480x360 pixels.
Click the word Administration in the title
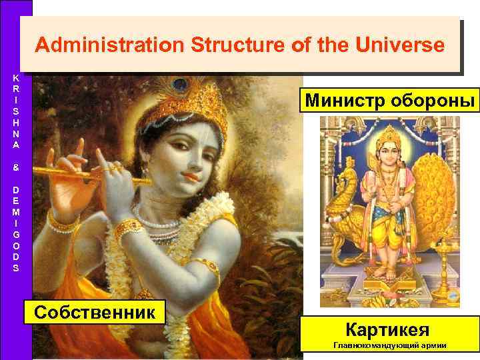click(x=109, y=45)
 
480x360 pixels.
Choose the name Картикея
click(x=387, y=329)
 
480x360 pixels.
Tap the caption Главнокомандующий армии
click(x=390, y=345)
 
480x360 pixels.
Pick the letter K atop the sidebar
click(x=15, y=77)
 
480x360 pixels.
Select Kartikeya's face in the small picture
click(x=387, y=147)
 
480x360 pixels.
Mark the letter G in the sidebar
click(x=15, y=235)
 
